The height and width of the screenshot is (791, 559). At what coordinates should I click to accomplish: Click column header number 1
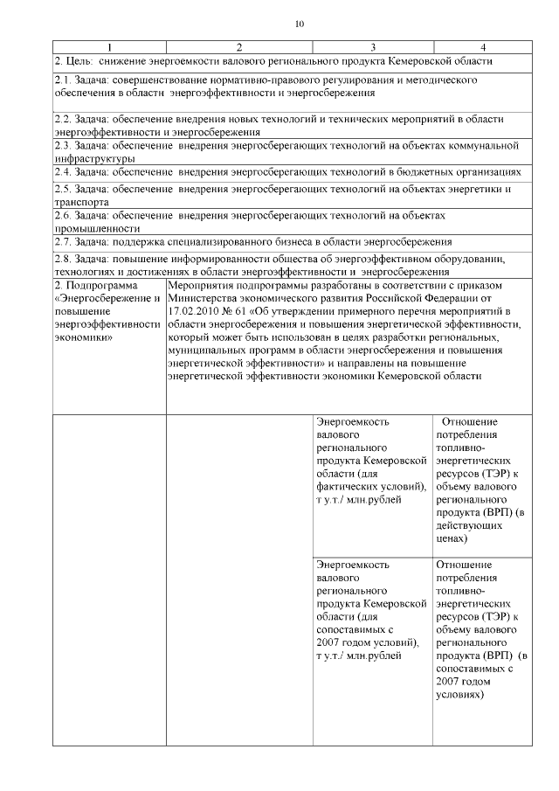(108, 46)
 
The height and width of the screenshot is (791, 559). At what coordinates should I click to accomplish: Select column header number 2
(239, 46)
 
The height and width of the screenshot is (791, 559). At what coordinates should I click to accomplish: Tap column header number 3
(373, 46)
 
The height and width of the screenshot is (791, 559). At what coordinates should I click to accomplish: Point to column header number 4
(482, 46)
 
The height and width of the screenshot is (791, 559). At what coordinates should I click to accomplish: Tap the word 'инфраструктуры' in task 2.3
(94, 159)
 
